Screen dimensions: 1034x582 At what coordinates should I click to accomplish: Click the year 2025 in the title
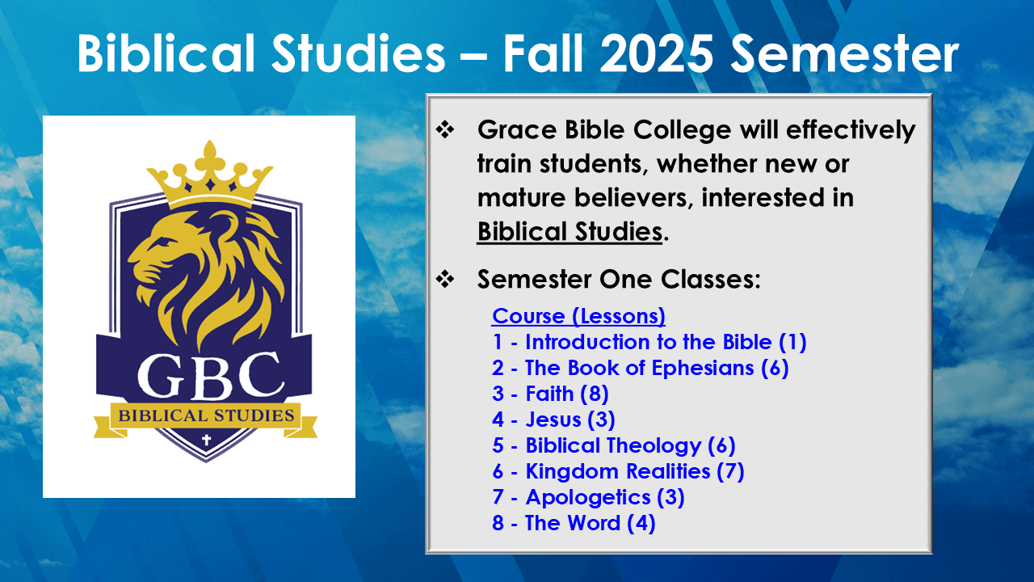click(657, 53)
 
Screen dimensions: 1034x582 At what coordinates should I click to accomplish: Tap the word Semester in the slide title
click(845, 53)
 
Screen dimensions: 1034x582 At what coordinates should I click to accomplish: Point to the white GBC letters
click(211, 375)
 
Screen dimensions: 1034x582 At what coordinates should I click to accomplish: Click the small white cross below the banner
click(206, 440)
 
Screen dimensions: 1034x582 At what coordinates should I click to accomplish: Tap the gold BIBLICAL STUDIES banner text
click(206, 415)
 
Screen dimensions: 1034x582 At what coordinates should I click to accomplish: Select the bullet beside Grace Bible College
click(445, 129)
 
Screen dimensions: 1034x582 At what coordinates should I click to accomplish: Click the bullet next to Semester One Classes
click(445, 279)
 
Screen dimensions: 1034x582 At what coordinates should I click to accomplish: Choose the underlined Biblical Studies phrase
click(570, 231)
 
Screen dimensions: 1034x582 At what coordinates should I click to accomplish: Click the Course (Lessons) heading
click(578, 316)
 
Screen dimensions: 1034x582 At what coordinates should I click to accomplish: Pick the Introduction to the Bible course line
click(649, 342)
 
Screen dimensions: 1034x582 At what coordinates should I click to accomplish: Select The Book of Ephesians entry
click(641, 368)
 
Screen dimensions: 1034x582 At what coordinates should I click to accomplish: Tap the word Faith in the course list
click(549, 394)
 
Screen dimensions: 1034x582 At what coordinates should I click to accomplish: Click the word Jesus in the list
click(553, 420)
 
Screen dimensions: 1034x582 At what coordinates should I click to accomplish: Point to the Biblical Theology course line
click(613, 445)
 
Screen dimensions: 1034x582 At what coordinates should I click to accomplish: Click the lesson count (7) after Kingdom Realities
click(730, 471)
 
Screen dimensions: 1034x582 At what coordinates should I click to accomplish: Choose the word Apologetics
click(588, 498)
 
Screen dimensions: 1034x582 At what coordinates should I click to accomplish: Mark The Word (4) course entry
click(574, 523)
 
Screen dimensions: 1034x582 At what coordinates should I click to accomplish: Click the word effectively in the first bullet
click(851, 130)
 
